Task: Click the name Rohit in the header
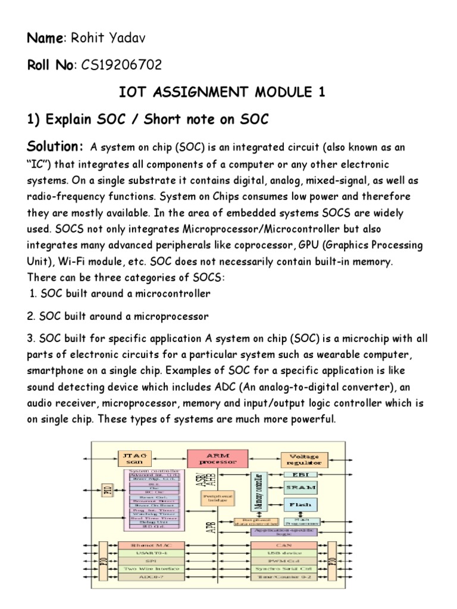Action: pos(87,39)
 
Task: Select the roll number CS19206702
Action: pos(120,65)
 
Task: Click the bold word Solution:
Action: pos(55,147)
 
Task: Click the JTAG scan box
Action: pos(134,459)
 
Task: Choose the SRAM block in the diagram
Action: pos(301,487)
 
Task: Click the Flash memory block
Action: pos(301,505)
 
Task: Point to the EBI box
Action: pos(301,475)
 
